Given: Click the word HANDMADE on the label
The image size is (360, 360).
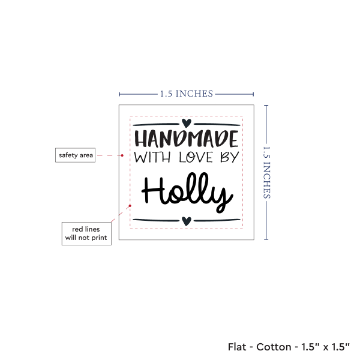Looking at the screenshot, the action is pyautogui.click(x=187, y=139).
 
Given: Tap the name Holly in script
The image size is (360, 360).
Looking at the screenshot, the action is pyautogui.click(x=187, y=193).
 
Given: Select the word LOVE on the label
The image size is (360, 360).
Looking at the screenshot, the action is pyautogui.click(x=196, y=157).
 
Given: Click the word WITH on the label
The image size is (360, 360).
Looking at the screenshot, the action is pyautogui.click(x=152, y=157).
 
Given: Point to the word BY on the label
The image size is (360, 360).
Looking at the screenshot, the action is pyautogui.click(x=230, y=157).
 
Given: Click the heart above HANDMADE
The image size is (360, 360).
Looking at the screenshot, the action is pyautogui.click(x=187, y=123).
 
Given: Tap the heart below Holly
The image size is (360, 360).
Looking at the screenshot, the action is pyautogui.click(x=187, y=221).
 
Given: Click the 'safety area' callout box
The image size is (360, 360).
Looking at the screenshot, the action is pyautogui.click(x=76, y=155).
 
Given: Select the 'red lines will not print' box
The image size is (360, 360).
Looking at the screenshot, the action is pyautogui.click(x=86, y=233).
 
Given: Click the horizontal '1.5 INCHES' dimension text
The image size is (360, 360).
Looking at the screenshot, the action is pyautogui.click(x=187, y=94).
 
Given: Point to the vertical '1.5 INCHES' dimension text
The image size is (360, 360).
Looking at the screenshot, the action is pyautogui.click(x=266, y=172).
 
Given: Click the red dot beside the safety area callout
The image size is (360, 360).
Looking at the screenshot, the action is pyautogui.click(x=122, y=155).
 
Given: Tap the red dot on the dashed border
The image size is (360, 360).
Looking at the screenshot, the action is pyautogui.click(x=130, y=206).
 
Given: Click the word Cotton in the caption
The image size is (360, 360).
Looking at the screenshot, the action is pyautogui.click(x=274, y=347).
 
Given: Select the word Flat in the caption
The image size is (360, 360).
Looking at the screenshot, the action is pyautogui.click(x=237, y=347).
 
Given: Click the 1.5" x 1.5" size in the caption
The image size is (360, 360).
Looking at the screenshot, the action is pyautogui.click(x=326, y=347).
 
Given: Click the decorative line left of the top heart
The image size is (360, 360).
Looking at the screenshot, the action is pyautogui.click(x=156, y=124).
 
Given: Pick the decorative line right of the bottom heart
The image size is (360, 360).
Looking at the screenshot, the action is pyautogui.click(x=217, y=220).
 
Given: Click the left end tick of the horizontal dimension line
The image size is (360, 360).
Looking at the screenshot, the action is pyautogui.click(x=119, y=94).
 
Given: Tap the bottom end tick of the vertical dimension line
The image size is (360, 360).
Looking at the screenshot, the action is pyautogui.click(x=266, y=239).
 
